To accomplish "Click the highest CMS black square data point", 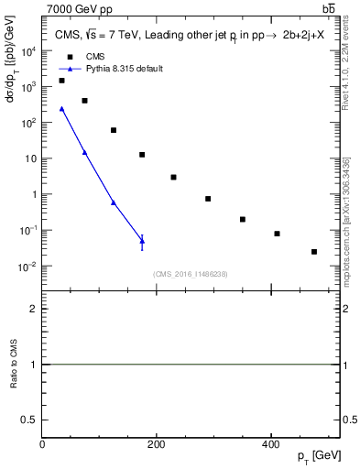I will coord(61,81).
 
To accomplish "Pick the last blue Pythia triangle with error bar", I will coord(142,242).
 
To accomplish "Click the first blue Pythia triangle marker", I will coord(61,109).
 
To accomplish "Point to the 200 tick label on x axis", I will coord(157,444).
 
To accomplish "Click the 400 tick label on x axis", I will coord(270,444).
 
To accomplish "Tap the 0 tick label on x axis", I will coord(42,444).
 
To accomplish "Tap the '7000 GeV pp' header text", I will coord(75,8).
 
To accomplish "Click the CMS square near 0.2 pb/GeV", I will coord(243,219).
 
